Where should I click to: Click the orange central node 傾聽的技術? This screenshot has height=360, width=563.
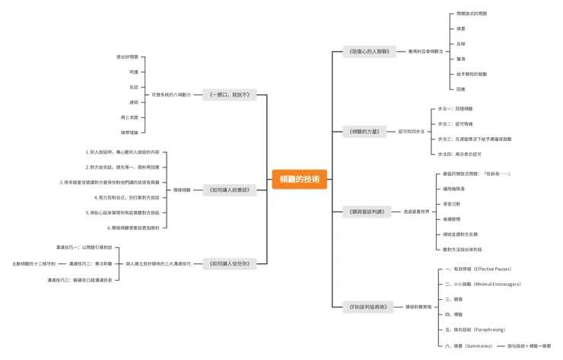(x=299, y=179)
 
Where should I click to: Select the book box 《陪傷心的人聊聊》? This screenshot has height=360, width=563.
(x=369, y=52)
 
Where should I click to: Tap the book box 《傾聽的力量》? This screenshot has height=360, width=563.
(x=369, y=132)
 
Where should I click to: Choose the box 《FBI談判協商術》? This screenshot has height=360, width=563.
(x=369, y=307)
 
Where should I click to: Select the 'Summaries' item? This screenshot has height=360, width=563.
(x=472, y=346)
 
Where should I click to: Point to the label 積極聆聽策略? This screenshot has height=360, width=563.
(x=419, y=307)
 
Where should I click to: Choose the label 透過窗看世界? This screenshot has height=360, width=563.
(x=418, y=211)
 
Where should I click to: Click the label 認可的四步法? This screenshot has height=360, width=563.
(x=412, y=132)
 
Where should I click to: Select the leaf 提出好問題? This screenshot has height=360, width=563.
(x=127, y=57)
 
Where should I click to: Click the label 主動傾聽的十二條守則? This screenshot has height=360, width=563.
(x=33, y=263)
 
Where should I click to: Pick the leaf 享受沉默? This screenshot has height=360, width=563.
(x=453, y=204)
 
